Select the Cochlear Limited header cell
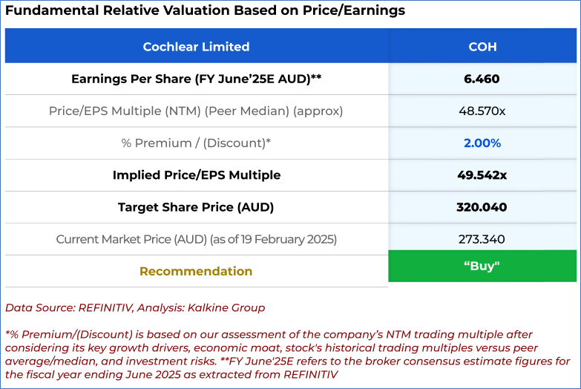tap(196, 46)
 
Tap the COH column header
tap(482, 46)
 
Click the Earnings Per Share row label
tap(196, 79)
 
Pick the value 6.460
tap(482, 79)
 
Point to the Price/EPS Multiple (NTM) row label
tap(196, 111)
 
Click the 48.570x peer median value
tap(482, 111)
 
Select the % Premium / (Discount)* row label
tap(196, 143)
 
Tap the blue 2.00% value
tap(482, 143)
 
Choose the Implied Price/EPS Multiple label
tap(196, 175)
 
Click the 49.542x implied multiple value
tap(482, 175)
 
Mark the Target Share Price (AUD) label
tap(196, 207)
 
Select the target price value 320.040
tap(482, 207)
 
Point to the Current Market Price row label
tap(196, 239)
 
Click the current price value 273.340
tap(482, 239)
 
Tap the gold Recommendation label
tap(196, 271)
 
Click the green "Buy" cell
tap(482, 266)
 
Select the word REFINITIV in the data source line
tap(104, 307)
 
